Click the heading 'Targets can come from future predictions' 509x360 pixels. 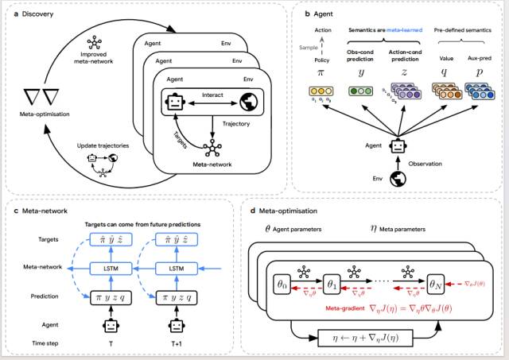coord(142,223)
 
